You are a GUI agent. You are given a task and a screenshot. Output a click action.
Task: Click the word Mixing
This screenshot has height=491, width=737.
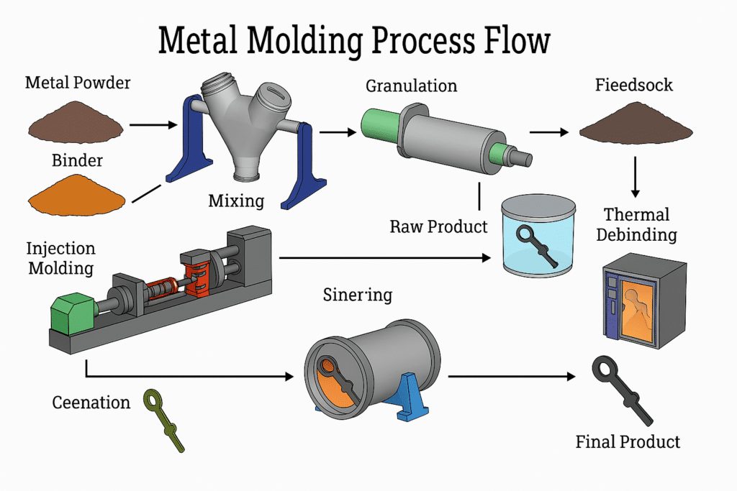[x=236, y=201]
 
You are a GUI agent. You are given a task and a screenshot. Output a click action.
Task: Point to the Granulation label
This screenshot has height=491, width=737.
[x=411, y=86]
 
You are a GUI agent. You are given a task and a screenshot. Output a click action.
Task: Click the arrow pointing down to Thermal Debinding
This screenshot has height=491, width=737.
[x=636, y=176]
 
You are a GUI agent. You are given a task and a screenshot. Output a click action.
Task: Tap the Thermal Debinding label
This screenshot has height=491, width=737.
[x=636, y=224]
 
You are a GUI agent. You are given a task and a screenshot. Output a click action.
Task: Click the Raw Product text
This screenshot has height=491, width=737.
[x=438, y=227]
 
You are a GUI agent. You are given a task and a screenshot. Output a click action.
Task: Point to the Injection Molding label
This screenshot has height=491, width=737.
[x=60, y=259]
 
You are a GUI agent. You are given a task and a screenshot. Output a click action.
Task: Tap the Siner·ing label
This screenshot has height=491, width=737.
[x=358, y=296]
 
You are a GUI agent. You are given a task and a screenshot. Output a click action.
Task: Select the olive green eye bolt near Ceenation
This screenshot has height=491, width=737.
[x=164, y=420]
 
